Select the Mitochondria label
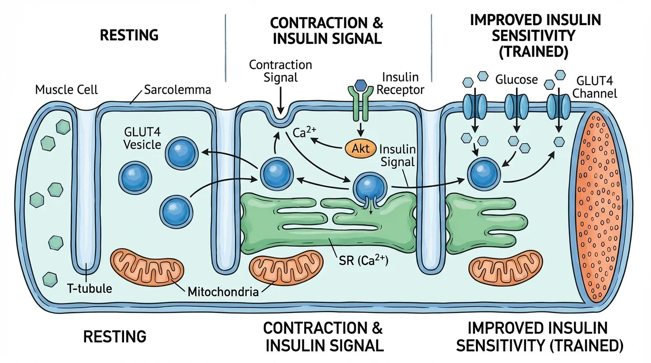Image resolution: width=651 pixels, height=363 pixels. (223, 291)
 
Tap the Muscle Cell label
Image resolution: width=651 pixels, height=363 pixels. (66, 89)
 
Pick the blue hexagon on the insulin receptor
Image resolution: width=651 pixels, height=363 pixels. (361, 84)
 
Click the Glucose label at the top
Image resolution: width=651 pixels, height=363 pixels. (516, 79)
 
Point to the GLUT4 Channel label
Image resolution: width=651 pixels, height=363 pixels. (595, 86)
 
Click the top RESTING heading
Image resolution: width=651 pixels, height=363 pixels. (129, 35)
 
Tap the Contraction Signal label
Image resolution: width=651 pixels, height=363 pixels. (281, 70)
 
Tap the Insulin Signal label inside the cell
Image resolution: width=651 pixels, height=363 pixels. (397, 156)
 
